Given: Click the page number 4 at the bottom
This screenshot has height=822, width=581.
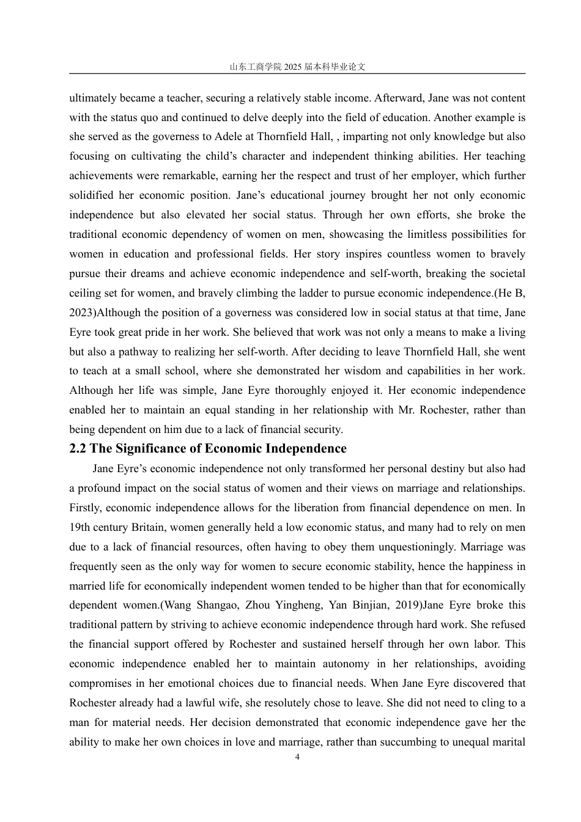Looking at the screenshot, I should pyautogui.click(x=297, y=757).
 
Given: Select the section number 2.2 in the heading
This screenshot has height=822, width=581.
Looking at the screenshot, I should pyautogui.click(x=78, y=449).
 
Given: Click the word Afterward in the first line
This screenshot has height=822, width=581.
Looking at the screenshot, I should pyautogui.click(x=399, y=98).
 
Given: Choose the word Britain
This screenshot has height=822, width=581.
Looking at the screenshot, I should pyautogui.click(x=147, y=527).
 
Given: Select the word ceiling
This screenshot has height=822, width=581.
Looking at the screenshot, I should pyautogui.click(x=85, y=293).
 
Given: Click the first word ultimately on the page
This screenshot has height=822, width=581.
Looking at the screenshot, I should pyautogui.click(x=93, y=98).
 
